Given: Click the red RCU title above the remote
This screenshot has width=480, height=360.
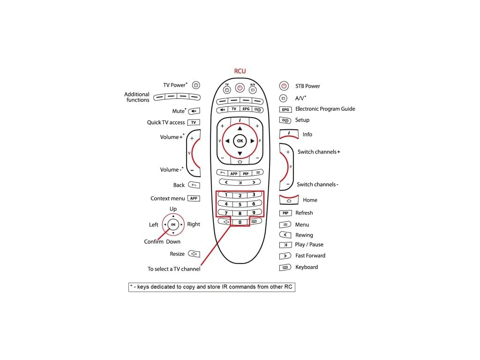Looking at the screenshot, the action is pyautogui.click(x=240, y=71).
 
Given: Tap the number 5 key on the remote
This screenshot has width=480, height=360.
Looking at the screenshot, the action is pyautogui.click(x=240, y=204).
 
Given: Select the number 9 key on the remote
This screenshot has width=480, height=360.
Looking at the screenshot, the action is pyautogui.click(x=254, y=213).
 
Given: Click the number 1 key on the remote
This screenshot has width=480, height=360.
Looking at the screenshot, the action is pyautogui.click(x=226, y=195).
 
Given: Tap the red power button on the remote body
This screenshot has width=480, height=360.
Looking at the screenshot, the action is pyautogui.click(x=240, y=88).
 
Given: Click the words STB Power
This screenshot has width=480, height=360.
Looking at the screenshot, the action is pyautogui.click(x=307, y=86).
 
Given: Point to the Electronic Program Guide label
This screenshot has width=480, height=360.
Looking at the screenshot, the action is pyautogui.click(x=325, y=109).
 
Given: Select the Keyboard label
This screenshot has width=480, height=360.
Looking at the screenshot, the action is pyautogui.click(x=307, y=267).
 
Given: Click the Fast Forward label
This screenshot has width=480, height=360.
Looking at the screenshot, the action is pyautogui.click(x=310, y=255).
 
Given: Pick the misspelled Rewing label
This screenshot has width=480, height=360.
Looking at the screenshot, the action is pyautogui.click(x=304, y=235).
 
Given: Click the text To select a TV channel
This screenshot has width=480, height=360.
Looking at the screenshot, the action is pyautogui.click(x=174, y=269).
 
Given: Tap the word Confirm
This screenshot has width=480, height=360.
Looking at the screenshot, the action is pyautogui.click(x=154, y=242).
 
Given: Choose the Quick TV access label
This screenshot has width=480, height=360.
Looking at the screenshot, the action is pyautogui.click(x=166, y=122).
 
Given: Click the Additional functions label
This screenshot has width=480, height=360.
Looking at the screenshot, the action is pyautogui.click(x=137, y=97).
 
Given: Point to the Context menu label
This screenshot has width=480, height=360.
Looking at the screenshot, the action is pyautogui.click(x=168, y=199).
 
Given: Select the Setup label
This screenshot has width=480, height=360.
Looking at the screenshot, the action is pyautogui.click(x=302, y=120).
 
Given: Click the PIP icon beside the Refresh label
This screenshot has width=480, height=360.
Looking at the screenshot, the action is pyautogui.click(x=285, y=213).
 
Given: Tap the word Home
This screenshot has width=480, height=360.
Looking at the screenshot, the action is pyautogui.click(x=310, y=200).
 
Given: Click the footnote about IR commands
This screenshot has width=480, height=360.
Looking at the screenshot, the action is pyautogui.click(x=212, y=287).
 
